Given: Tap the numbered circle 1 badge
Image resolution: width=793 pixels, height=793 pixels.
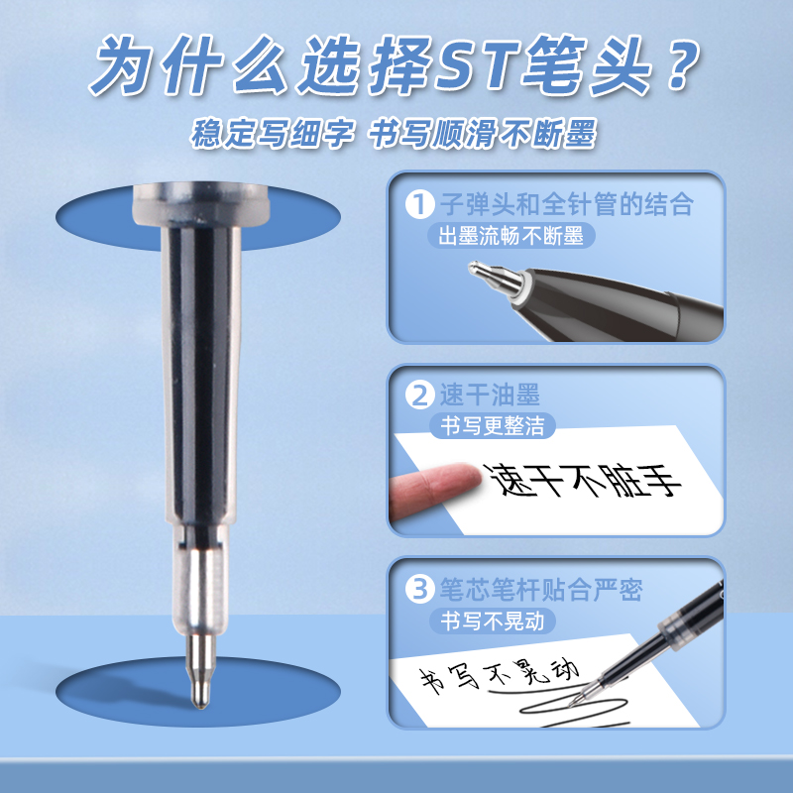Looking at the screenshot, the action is click(419, 204).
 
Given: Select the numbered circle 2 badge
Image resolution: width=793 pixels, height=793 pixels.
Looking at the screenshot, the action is click(419, 396).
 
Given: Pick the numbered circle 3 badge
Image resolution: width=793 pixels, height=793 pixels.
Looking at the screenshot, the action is click(419, 590).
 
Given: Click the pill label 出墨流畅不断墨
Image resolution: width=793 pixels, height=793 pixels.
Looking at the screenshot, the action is click(510, 236).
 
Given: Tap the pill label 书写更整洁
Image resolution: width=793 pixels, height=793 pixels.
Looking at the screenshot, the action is click(492, 425).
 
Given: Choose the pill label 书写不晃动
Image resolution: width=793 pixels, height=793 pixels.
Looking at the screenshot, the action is click(492, 621).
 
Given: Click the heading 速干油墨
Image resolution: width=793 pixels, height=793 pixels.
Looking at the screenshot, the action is click(490, 395).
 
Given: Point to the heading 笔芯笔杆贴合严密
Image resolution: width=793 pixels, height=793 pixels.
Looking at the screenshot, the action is click(541, 589).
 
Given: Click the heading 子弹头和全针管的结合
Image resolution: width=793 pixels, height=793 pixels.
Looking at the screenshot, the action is click(566, 204).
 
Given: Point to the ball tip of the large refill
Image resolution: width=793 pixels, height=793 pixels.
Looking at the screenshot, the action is click(201, 701).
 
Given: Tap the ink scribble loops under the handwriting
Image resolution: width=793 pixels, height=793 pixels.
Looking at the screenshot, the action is click(574, 709).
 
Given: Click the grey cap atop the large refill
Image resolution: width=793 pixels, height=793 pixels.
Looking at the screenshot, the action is click(201, 205).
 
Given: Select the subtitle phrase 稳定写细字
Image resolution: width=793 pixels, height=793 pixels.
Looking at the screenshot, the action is click(272, 134).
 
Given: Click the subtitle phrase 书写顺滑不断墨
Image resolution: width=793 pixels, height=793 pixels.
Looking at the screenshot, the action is click(482, 134).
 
